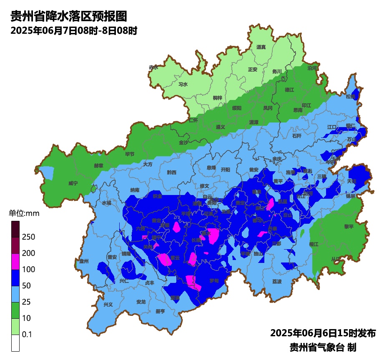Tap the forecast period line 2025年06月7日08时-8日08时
tap(74, 30)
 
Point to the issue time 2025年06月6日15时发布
tap(323, 333)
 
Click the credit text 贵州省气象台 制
tap(323, 347)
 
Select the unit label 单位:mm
tap(24, 214)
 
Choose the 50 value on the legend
tap(26, 286)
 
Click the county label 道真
tap(261, 47)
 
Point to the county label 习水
tap(183, 84)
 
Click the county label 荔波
tap(277, 281)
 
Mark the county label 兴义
tap(108, 305)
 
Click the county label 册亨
tap(160, 311)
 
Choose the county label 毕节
tap(130, 154)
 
